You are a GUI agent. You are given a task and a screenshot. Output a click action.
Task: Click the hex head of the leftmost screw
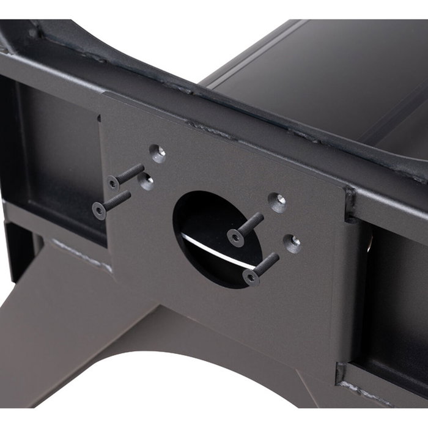click(x=98, y=211)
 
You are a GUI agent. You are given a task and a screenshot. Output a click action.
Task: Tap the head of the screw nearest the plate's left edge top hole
click(x=114, y=182)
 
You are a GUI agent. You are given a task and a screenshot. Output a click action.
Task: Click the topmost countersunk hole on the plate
click(x=157, y=153)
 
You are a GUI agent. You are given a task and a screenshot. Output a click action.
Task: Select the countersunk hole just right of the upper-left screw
click(x=146, y=182)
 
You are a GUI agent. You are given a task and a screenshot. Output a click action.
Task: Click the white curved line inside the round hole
click(x=211, y=250)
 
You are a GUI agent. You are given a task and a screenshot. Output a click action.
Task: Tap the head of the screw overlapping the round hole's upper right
click(x=235, y=237)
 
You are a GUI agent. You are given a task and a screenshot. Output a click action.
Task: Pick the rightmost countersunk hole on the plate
click(x=292, y=243)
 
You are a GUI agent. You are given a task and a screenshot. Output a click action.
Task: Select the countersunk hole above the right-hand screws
click(x=278, y=202)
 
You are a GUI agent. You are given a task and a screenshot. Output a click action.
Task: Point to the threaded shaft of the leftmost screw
click(x=118, y=199)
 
